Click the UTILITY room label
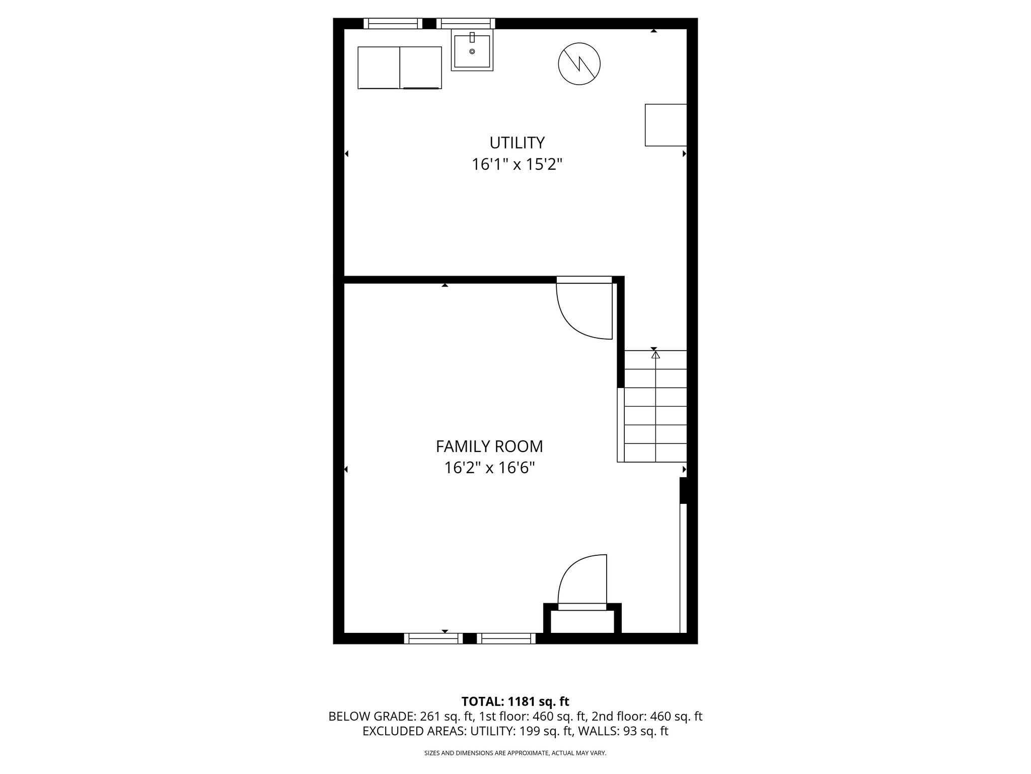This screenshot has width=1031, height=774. tap(517, 143)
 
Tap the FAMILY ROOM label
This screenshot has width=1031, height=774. tap(489, 446)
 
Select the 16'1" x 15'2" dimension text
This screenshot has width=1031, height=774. tap(517, 165)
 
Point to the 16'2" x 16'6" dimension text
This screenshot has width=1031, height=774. tap(489, 468)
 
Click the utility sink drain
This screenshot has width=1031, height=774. tap(472, 51)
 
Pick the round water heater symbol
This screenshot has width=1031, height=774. tap(579, 64)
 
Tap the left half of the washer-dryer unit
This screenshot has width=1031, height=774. tap(379, 68)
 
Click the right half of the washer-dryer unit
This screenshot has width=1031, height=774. tap(421, 68)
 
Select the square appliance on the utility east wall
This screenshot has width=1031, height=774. tap(666, 125)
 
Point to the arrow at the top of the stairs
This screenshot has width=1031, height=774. tap(655, 355)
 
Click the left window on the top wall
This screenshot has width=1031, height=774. tap(393, 23)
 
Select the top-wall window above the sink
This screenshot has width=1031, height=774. tap(466, 23)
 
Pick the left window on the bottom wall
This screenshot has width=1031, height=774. tap(433, 638)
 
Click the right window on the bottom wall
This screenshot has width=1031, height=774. tap(506, 638)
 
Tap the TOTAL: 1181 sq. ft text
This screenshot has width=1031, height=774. tap(515, 701)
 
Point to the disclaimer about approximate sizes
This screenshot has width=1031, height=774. tap(515, 753)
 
